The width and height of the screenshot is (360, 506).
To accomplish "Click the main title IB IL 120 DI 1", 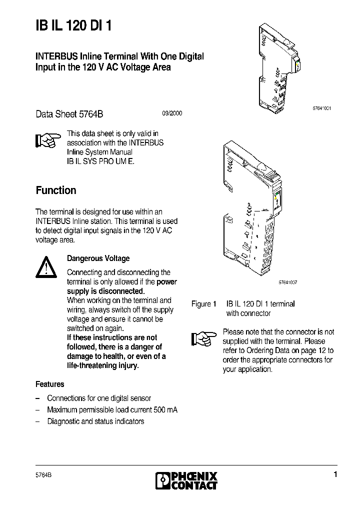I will click(73, 26).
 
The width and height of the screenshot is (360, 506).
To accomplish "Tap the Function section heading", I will click(56, 190).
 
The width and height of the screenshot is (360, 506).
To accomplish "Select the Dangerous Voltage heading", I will click(98, 258).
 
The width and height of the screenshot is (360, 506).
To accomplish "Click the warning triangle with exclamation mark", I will click(46, 267).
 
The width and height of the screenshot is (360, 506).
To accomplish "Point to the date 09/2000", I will click(171, 113).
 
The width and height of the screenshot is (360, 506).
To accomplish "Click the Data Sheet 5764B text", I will click(69, 113).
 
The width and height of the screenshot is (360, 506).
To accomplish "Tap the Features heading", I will click(49, 384).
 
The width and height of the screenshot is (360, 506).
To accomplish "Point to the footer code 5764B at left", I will click(44, 474).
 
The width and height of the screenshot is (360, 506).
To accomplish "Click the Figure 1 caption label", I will click(203, 304).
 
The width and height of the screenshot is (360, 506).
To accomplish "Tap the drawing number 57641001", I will click(321, 109).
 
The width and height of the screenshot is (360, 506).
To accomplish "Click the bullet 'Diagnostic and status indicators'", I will click(95, 421).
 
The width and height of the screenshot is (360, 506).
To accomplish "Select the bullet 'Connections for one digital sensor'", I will click(98, 398).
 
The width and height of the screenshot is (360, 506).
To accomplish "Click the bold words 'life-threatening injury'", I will click(103, 365).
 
